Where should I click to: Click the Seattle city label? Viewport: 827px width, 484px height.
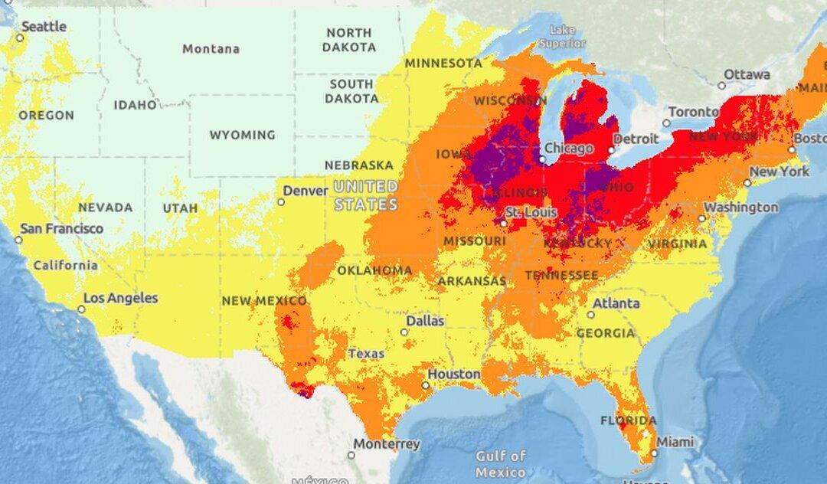44,27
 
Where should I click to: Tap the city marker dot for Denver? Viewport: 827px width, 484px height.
281,202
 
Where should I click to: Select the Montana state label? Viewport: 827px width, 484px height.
211,49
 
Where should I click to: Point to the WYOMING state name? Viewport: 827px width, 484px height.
243,136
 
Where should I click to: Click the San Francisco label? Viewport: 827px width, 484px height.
61,229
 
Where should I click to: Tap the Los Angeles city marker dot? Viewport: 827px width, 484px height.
81,309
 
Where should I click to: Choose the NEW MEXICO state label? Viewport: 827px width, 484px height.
264,301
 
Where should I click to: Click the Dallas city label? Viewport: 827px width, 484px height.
425,321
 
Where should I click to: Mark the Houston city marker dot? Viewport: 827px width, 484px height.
426,385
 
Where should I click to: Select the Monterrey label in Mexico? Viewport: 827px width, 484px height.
386,444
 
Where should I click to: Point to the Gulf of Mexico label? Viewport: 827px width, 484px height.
500,462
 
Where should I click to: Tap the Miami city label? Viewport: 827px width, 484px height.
675,442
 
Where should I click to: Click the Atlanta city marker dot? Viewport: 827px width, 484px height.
590,314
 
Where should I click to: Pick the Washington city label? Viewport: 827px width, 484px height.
740,208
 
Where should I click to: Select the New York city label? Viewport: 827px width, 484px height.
779,172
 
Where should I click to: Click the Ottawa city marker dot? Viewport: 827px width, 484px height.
721,85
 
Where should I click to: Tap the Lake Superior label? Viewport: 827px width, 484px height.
562,37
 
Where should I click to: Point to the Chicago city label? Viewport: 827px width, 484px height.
569,149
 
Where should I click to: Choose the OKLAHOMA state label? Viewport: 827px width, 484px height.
374,270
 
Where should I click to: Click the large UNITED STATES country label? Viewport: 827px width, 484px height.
366,195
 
